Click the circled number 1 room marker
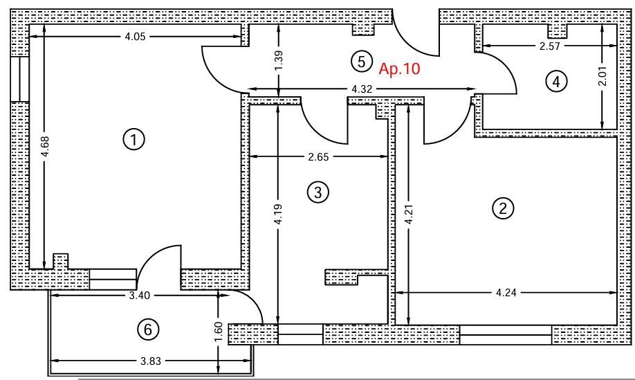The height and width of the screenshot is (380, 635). coord(134,139)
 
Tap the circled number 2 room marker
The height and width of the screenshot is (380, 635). coord(503,208)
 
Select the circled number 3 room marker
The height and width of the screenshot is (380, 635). coord(318,192)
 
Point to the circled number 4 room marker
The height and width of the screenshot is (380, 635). coord(556,82)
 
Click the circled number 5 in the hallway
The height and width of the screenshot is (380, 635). coord(361,62)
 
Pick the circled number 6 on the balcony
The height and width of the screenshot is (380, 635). coord(148,329)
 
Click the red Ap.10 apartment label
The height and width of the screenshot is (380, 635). coord(399,69)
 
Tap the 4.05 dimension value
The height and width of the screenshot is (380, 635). coord(135,37)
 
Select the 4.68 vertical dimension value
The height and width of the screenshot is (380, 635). coord(45,146)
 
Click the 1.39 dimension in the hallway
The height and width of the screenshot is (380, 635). coord(279,61)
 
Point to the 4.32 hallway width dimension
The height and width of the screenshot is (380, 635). coord(362,89)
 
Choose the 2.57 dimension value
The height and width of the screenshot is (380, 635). coord(549,46)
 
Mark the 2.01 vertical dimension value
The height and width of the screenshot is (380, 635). coord(602,75)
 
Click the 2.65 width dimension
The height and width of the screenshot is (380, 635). coord(318,157)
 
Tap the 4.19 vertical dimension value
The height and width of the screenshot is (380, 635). coord(278,214)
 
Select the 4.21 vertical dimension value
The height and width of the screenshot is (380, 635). coord(409,214)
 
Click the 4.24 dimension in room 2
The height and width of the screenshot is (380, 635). coord(506,293)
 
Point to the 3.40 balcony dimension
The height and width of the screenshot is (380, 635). coord(139,296)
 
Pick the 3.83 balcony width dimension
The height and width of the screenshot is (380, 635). coord(151,361)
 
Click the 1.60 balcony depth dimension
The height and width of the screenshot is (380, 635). coord(219,332)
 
